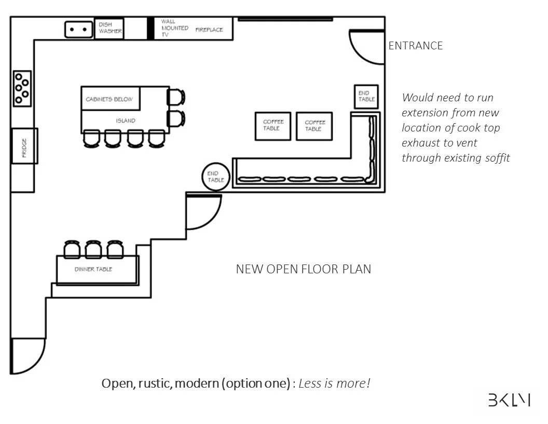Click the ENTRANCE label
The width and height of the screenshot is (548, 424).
[415, 46]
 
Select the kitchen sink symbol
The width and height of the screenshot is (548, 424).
[78, 30]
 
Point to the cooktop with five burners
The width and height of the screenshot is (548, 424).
[22, 88]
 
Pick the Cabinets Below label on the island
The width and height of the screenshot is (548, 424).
[111, 99]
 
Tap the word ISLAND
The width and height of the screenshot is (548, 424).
[126, 121]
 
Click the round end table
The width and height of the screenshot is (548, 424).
[215, 176]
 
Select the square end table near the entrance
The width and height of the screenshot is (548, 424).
[366, 96]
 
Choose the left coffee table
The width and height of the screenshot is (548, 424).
[273, 125]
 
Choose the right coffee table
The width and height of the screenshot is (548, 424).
[314, 126]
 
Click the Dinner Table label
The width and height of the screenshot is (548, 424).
[93, 269]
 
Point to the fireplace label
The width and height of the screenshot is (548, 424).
[209, 30]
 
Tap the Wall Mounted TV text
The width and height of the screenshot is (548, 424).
[174, 28]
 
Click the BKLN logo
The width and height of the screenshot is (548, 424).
[509, 400]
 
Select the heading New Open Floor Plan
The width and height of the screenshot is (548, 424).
[304, 269]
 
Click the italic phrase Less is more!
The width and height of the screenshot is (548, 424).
[334, 384]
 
